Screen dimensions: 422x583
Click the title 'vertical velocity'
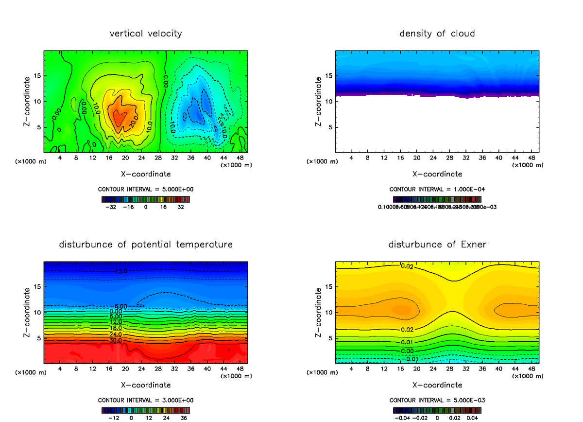[x=146, y=34]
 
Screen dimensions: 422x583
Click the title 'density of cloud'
[x=437, y=34]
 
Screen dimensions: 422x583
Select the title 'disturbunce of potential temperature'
[x=146, y=244]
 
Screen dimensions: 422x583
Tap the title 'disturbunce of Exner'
[x=437, y=244]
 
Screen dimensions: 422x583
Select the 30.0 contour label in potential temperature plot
[x=116, y=340]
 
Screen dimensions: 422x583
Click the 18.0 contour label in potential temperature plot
[x=116, y=328]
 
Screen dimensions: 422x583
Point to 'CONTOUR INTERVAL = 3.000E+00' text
[x=146, y=400]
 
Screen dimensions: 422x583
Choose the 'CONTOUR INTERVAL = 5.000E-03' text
[x=437, y=400]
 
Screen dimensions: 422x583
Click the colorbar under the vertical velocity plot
[x=146, y=199]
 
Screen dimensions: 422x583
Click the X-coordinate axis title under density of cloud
[x=437, y=174]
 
